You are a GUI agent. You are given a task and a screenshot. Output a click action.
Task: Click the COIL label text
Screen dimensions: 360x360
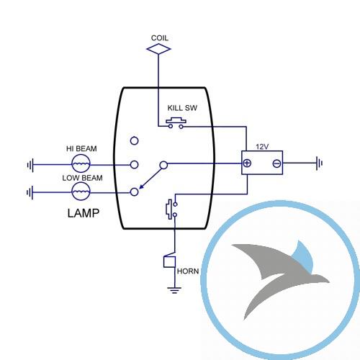click(160, 38)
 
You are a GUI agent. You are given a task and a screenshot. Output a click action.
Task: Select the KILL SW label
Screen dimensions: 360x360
click(182, 108)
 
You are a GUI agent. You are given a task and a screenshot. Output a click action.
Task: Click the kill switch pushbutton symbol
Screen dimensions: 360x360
click(176, 123)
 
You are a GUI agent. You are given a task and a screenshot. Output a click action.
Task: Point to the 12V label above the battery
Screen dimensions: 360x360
click(262, 147)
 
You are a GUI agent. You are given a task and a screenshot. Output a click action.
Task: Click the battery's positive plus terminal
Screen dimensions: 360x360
click(247, 163)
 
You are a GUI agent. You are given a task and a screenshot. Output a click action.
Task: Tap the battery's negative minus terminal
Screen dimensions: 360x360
click(276, 163)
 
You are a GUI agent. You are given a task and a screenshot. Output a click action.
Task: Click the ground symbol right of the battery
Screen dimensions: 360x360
click(319, 163)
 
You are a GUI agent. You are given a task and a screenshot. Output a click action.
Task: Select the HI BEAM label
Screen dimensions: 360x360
click(81, 148)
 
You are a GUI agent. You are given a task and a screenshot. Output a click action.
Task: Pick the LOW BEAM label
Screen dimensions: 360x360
click(82, 178)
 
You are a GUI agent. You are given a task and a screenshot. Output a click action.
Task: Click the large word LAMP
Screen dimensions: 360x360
click(84, 213)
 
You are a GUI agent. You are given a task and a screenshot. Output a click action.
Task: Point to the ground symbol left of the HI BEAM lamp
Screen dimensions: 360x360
click(30, 165)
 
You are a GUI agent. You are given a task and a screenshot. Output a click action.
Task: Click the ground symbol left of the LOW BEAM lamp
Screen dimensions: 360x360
click(30, 192)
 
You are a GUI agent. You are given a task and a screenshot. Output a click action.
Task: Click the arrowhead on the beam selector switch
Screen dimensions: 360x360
click(142, 186)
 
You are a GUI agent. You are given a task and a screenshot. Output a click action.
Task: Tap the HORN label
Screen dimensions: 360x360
click(188, 271)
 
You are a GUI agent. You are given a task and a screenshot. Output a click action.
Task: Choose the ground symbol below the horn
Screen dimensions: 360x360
click(174, 290)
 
